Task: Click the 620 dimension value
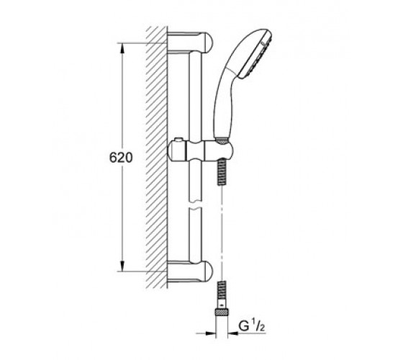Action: coord(121,158)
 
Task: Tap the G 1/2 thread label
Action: coord(252,326)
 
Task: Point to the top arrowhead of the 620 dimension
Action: coord(122,48)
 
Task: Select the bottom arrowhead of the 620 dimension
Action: coord(122,266)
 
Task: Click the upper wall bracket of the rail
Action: coord(190,43)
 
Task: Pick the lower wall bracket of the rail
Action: coord(190,271)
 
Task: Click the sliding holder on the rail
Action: coord(200,152)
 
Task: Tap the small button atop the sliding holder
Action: coord(178,140)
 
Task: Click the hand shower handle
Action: coord(224,103)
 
